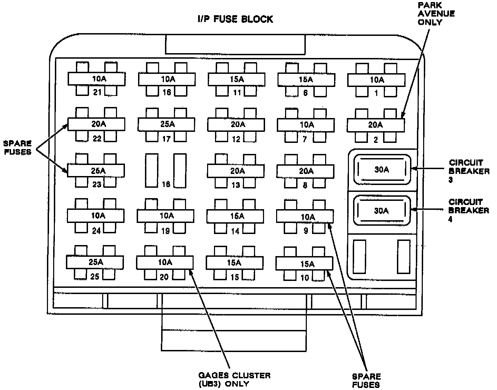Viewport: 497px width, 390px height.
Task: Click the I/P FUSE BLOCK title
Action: (x=235, y=19)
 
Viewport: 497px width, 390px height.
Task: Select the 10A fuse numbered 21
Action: (x=96, y=79)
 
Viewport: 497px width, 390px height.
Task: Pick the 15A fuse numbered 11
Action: (x=237, y=79)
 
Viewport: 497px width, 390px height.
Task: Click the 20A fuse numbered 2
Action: (x=376, y=125)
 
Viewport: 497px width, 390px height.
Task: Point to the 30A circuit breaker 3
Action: (x=382, y=169)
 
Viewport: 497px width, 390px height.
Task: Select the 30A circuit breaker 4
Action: (x=381, y=211)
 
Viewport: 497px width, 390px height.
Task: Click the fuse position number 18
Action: (x=166, y=184)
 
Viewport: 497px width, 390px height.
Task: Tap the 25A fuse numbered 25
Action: (x=95, y=262)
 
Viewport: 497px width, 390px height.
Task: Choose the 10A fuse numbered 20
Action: (x=165, y=263)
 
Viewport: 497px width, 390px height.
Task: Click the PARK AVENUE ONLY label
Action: (x=436, y=14)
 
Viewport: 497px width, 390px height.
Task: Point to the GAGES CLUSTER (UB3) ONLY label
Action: (x=234, y=379)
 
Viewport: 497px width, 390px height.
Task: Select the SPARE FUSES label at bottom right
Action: (x=366, y=380)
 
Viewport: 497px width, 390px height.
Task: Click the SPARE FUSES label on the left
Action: (x=17, y=147)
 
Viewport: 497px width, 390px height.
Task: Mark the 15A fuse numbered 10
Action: (x=304, y=264)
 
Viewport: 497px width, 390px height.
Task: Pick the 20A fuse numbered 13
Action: (x=236, y=171)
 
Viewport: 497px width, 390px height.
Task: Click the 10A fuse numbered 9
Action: (x=305, y=217)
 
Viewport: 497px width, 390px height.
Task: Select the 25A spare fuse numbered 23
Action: (x=96, y=170)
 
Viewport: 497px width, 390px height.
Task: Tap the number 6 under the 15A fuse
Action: (x=305, y=93)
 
